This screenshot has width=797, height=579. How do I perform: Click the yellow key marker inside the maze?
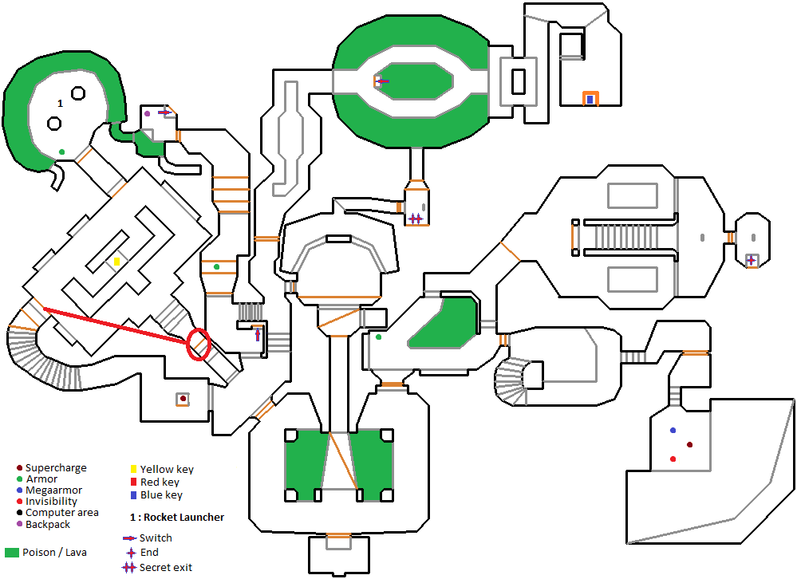pos(116,261)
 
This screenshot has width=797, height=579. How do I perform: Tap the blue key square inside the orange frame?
pos(590,100)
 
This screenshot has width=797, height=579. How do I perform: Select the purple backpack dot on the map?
pos(148,113)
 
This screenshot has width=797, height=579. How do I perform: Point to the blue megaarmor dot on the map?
pos(673,430)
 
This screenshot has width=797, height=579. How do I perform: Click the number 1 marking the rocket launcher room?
pos(59,104)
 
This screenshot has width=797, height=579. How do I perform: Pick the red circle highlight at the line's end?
pos(198,344)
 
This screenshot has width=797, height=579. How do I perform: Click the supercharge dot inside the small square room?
pos(183,398)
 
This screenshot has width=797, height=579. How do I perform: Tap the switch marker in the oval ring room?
pos(381,81)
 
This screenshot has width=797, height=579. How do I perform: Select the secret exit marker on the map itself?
pos(415,219)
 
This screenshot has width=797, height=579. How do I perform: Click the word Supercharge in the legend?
pos(56,468)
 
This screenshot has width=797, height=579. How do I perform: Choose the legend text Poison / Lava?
pos(54,553)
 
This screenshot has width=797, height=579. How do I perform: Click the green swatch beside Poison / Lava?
pos(12,553)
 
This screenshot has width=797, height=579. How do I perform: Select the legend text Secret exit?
pos(165,567)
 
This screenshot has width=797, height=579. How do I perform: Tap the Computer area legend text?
pos(62,513)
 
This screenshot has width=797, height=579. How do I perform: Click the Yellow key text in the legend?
pos(167,470)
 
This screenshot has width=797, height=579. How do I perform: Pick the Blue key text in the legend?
pos(161,495)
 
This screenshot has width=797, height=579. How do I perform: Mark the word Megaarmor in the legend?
pos(53,490)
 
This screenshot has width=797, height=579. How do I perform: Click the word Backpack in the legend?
pos(48,524)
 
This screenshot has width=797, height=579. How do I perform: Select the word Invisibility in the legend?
pos(52,502)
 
